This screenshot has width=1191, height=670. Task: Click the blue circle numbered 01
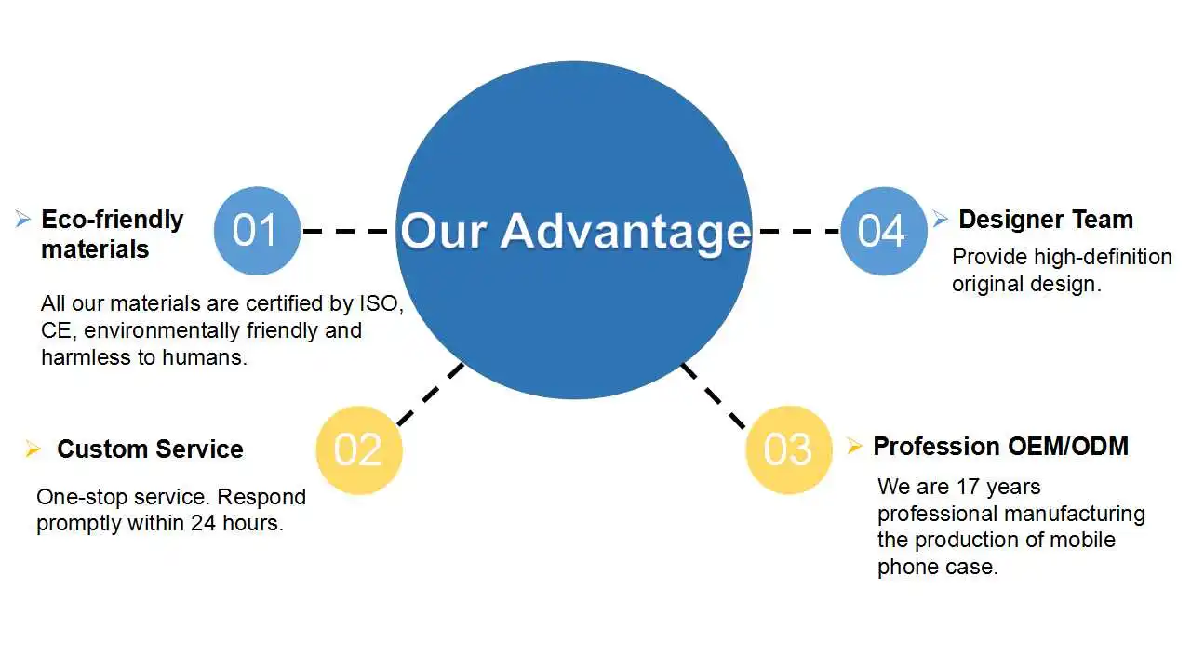click(x=257, y=231)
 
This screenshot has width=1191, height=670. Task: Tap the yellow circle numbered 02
click(x=359, y=450)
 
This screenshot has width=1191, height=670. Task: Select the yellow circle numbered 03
click(x=788, y=450)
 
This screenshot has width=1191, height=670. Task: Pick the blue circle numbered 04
click(x=883, y=231)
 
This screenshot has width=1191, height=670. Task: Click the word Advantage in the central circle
click(x=625, y=231)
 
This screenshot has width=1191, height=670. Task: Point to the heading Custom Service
click(x=150, y=449)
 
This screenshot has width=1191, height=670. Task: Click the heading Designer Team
click(x=1045, y=220)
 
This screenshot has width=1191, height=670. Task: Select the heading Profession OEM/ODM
click(x=1000, y=447)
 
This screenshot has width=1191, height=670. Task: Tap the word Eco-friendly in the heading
click(x=113, y=220)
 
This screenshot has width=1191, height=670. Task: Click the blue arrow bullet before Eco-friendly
click(x=23, y=220)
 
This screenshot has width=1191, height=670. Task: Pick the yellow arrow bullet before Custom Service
click(x=33, y=449)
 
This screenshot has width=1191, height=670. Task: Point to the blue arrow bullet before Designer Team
click(x=941, y=219)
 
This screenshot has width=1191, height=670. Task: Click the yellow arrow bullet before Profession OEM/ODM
click(x=854, y=447)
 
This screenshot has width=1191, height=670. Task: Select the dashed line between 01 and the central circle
click(x=346, y=231)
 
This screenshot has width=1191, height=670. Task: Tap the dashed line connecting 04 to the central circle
click(x=798, y=231)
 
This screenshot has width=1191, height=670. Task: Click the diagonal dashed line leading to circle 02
click(x=430, y=395)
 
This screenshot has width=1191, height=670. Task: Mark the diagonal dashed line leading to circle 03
click(x=714, y=395)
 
